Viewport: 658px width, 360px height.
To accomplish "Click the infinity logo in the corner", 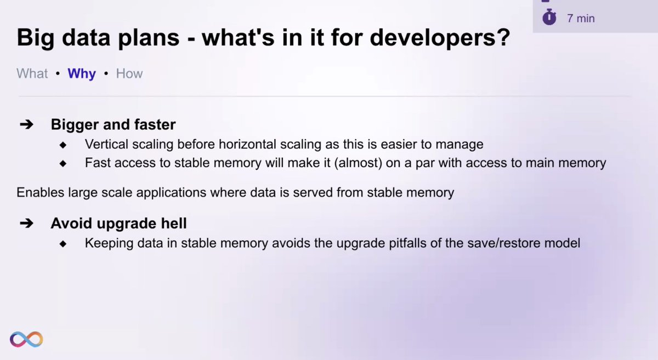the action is coord(26,339).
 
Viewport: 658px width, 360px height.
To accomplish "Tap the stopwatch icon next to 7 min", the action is coord(549,17).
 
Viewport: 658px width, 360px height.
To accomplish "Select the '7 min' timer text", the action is coord(581,18).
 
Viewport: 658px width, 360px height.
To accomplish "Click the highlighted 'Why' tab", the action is coord(82,74).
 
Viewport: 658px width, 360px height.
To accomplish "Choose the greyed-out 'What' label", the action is coord(32,73).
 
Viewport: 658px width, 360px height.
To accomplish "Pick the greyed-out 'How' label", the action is coord(129,73).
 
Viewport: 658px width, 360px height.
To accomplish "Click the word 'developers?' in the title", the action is coord(440,38).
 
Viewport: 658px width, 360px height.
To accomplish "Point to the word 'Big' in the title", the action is coord(36,38).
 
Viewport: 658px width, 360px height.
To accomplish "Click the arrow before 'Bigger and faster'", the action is coord(26,124).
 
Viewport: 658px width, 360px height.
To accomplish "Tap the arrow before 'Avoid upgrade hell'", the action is coord(26,223).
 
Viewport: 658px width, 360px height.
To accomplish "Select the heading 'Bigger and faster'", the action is coord(113,124).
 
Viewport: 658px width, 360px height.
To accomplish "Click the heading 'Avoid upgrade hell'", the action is coord(118,224).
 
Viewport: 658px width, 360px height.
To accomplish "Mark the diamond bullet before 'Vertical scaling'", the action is coord(63,145).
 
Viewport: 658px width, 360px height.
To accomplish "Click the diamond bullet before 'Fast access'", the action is coord(63,163).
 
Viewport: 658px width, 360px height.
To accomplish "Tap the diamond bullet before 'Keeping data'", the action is coord(63,243).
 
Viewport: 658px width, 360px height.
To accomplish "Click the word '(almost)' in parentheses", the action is coord(358,163).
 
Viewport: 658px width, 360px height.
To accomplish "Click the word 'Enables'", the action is coord(40,193).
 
